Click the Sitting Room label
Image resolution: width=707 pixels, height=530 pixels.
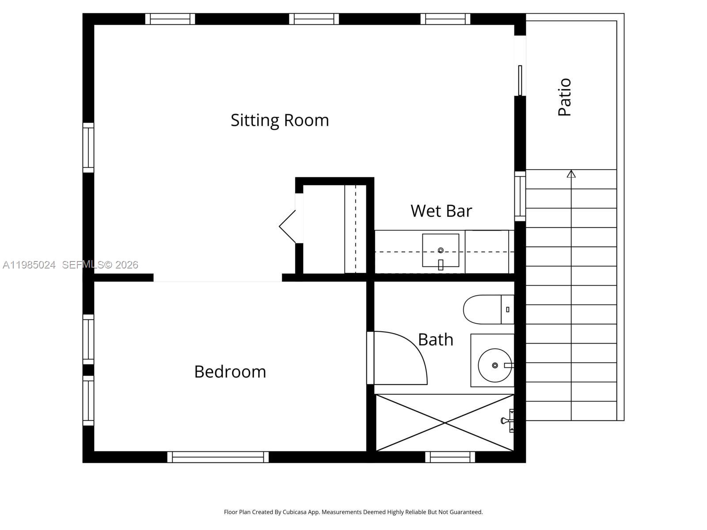point(280,120)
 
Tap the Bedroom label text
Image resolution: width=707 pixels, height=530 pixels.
point(230,371)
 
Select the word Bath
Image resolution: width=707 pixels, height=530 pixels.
point(436,340)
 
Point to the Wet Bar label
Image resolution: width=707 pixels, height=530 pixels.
point(441,211)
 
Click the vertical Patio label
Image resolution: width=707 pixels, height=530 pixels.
point(565,97)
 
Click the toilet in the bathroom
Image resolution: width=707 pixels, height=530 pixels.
point(486,309)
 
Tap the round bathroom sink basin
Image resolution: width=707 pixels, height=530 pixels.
point(494,365)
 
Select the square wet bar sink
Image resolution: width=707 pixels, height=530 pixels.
point(441,250)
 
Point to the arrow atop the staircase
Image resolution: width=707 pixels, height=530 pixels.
point(571,174)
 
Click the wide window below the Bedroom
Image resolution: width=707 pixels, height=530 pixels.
point(218,457)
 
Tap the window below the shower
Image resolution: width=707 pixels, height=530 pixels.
point(450,457)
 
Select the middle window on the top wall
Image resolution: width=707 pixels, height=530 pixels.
point(314,19)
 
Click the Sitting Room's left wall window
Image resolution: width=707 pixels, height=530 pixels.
point(88,148)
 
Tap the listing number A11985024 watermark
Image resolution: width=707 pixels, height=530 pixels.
point(29,265)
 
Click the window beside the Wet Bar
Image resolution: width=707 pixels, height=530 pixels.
point(520,197)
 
